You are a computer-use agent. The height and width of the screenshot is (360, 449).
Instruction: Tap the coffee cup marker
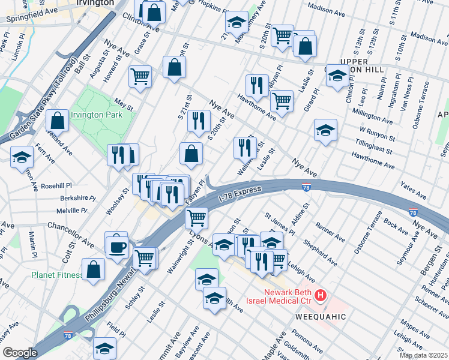(x=117, y=247)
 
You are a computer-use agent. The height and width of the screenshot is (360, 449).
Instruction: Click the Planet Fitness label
(x=57, y=275)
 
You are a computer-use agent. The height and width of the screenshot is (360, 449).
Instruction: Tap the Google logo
(x=20, y=353)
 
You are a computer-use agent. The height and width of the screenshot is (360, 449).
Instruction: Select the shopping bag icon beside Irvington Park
(x=58, y=121)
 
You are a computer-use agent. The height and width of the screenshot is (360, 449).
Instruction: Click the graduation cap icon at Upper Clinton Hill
(x=337, y=76)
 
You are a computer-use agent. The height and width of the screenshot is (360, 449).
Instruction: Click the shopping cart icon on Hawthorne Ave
(x=281, y=101)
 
